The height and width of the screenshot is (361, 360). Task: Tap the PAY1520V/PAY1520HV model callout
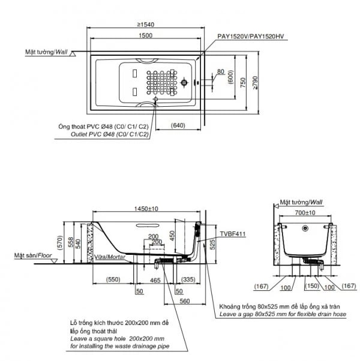(250, 37)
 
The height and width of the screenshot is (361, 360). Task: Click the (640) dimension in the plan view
(178, 126)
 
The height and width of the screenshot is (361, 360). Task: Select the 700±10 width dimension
(305, 212)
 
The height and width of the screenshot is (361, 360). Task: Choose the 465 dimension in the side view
(154, 279)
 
